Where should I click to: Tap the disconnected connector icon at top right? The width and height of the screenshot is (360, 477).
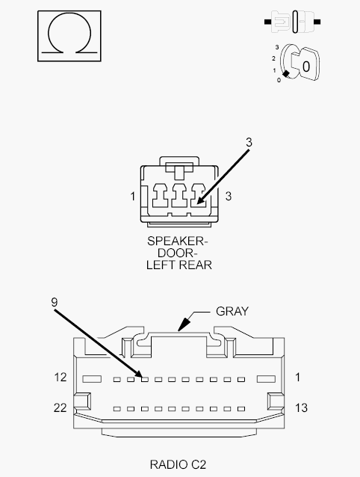(292, 22)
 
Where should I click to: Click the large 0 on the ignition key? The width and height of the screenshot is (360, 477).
(306, 67)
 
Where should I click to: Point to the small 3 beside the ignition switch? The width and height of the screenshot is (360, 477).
(277, 47)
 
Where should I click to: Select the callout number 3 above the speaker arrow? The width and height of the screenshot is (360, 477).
(249, 142)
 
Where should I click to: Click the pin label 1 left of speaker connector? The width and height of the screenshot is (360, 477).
(133, 197)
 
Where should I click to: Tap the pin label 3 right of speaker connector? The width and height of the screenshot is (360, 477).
(229, 197)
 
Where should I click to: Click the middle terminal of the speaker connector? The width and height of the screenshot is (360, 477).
(179, 196)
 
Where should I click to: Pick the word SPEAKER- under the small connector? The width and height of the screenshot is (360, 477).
(178, 241)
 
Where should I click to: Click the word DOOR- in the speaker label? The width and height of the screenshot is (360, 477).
(178, 253)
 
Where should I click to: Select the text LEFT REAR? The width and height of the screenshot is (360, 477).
(179, 265)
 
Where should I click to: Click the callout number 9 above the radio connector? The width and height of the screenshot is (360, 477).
(55, 302)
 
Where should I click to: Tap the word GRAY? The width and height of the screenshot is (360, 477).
(232, 311)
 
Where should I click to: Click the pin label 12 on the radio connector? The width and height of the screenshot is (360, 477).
(60, 378)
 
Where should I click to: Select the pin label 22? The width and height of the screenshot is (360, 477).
(60, 407)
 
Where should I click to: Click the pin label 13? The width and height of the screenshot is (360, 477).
(301, 407)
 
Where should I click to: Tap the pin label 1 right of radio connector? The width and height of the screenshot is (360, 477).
(297, 378)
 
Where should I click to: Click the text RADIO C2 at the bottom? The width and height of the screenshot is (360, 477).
(178, 464)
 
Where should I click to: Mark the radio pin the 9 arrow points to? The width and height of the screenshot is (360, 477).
(145, 379)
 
